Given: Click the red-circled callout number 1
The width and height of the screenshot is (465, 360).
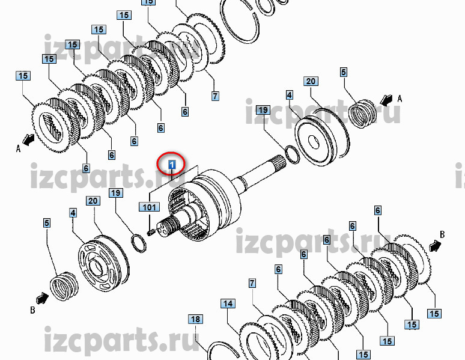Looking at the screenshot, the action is (x=172, y=164).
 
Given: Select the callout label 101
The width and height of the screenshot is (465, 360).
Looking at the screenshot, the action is (x=149, y=207).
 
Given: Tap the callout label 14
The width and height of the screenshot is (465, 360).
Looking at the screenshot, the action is (x=228, y=304).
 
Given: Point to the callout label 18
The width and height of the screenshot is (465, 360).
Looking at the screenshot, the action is (x=195, y=319).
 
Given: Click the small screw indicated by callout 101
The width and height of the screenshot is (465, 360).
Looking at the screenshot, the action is (x=151, y=233).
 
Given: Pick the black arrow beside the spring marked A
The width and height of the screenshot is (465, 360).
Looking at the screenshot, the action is (x=386, y=100).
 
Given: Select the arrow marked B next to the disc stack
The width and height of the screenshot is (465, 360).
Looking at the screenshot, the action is (x=435, y=246).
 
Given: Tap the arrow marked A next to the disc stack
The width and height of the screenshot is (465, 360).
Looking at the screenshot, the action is (x=29, y=139).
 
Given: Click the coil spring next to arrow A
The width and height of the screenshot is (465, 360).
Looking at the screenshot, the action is (x=362, y=114).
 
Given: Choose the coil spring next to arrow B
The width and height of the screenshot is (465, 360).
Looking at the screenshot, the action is (x=64, y=286).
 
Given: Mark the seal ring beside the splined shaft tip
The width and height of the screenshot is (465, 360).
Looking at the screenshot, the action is (x=293, y=154).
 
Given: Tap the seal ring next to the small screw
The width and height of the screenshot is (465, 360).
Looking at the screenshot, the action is (x=139, y=243).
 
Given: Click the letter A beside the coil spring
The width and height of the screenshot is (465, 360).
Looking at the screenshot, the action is (x=400, y=99).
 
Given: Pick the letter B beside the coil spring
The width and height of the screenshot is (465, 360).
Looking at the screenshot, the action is (x=32, y=310).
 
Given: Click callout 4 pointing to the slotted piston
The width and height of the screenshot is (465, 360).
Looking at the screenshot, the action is (x=73, y=213).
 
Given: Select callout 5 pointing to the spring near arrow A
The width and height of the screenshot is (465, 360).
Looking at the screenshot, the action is (x=344, y=72).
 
